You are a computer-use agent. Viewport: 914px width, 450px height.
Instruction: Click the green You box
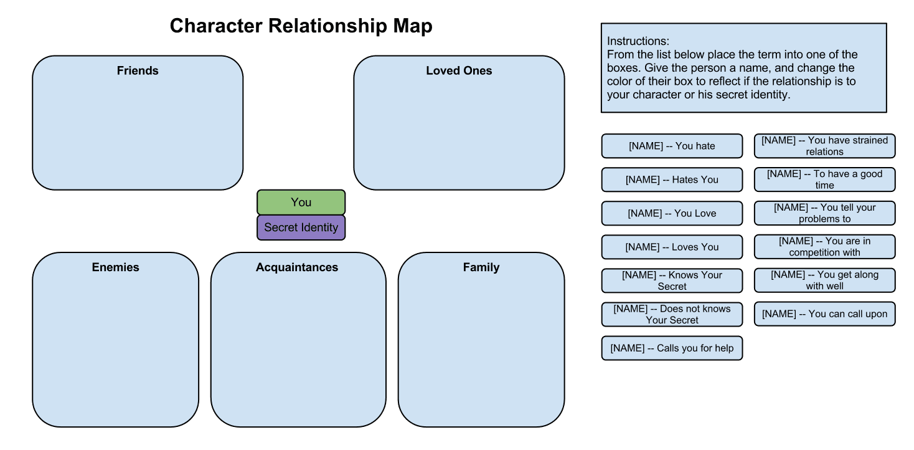(301, 203)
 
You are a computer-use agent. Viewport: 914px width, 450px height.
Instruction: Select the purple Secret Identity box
(301, 227)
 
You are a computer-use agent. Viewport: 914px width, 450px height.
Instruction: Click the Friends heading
(138, 71)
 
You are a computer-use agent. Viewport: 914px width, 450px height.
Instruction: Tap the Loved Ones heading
(459, 71)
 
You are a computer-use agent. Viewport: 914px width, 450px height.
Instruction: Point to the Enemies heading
(115, 267)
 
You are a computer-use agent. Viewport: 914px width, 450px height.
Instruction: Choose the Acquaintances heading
(297, 267)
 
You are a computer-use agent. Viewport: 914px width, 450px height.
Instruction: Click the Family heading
(481, 267)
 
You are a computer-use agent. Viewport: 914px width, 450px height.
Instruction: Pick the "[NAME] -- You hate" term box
(672, 146)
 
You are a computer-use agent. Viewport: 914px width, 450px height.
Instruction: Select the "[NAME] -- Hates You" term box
(672, 180)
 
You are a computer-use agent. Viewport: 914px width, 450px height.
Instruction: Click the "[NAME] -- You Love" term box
(672, 213)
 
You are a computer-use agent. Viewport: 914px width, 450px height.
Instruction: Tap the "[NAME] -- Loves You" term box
(672, 247)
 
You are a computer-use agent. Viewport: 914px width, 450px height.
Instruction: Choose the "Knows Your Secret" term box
(672, 280)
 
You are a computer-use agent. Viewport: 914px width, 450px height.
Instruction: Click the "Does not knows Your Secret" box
(672, 314)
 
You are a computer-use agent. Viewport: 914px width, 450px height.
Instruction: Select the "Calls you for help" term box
(672, 348)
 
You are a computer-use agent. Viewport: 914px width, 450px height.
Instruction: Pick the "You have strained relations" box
(824, 146)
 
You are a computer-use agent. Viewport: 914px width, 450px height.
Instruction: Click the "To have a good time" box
(824, 180)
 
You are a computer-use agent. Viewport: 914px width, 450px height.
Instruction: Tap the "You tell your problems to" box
(824, 213)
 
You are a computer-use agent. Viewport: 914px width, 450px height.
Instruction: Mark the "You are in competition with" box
(824, 247)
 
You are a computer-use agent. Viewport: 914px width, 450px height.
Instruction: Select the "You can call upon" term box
(824, 314)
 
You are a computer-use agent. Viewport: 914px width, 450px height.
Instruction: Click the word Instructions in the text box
(638, 42)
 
